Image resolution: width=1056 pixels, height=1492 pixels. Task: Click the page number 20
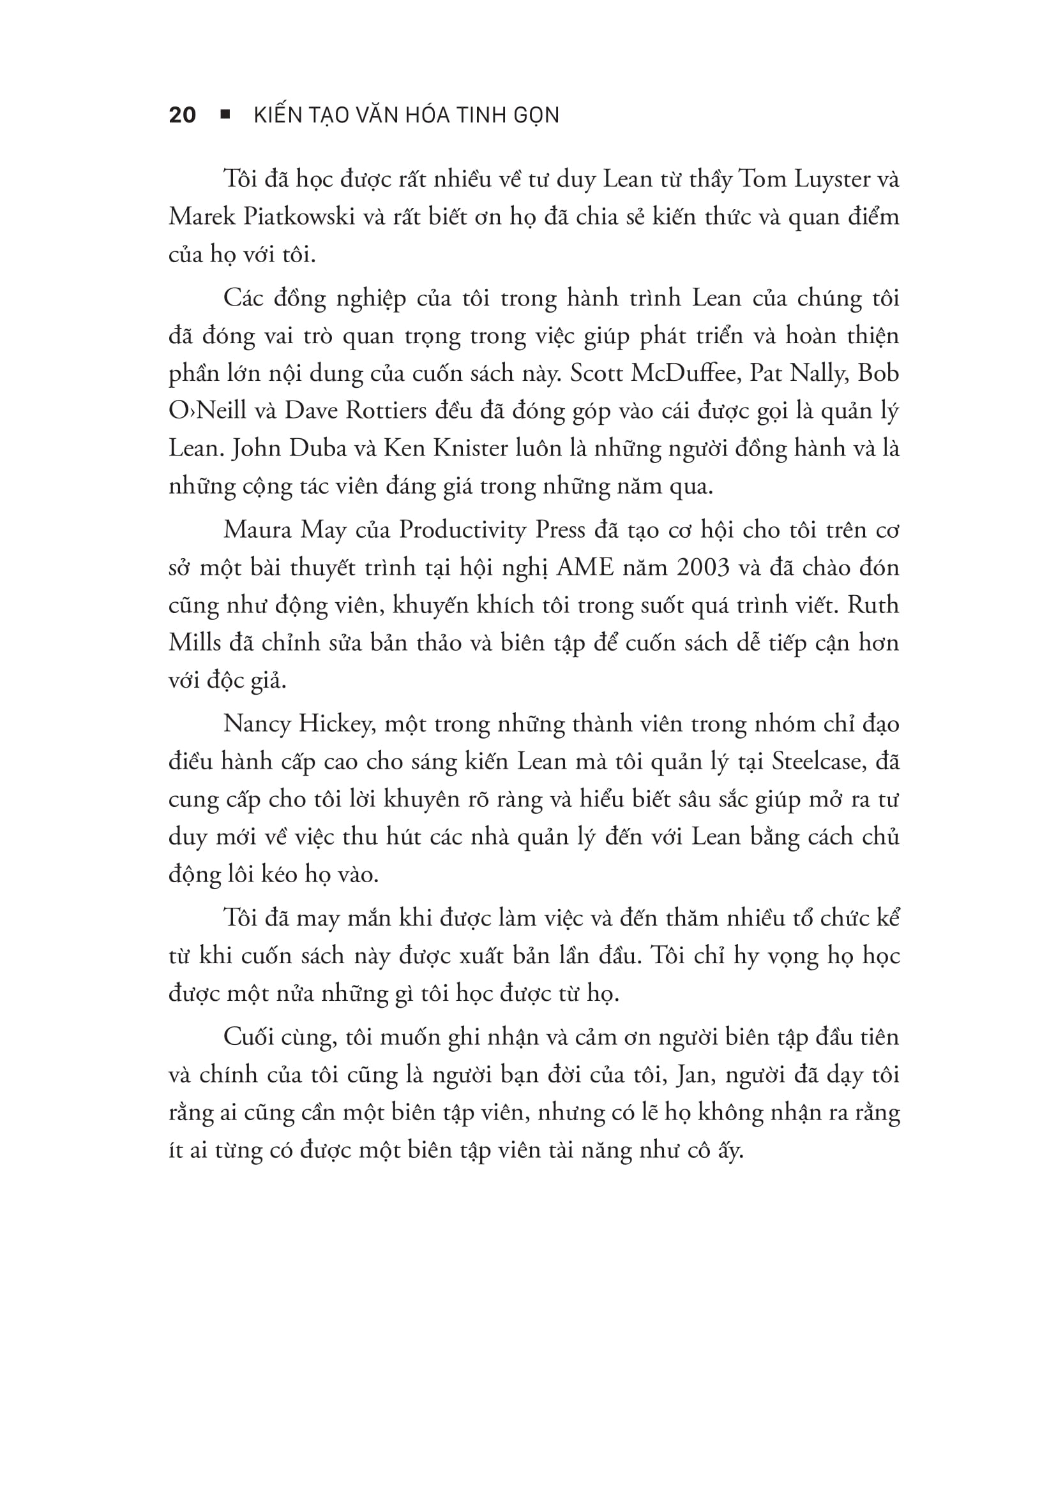click(182, 115)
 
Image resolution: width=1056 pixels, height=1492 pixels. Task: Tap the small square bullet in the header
click(225, 114)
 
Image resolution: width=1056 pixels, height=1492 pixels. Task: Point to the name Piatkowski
click(299, 217)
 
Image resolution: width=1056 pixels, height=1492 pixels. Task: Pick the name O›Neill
click(207, 411)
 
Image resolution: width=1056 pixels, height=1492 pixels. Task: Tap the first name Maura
click(255, 530)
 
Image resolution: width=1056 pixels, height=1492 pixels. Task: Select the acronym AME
click(586, 568)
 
